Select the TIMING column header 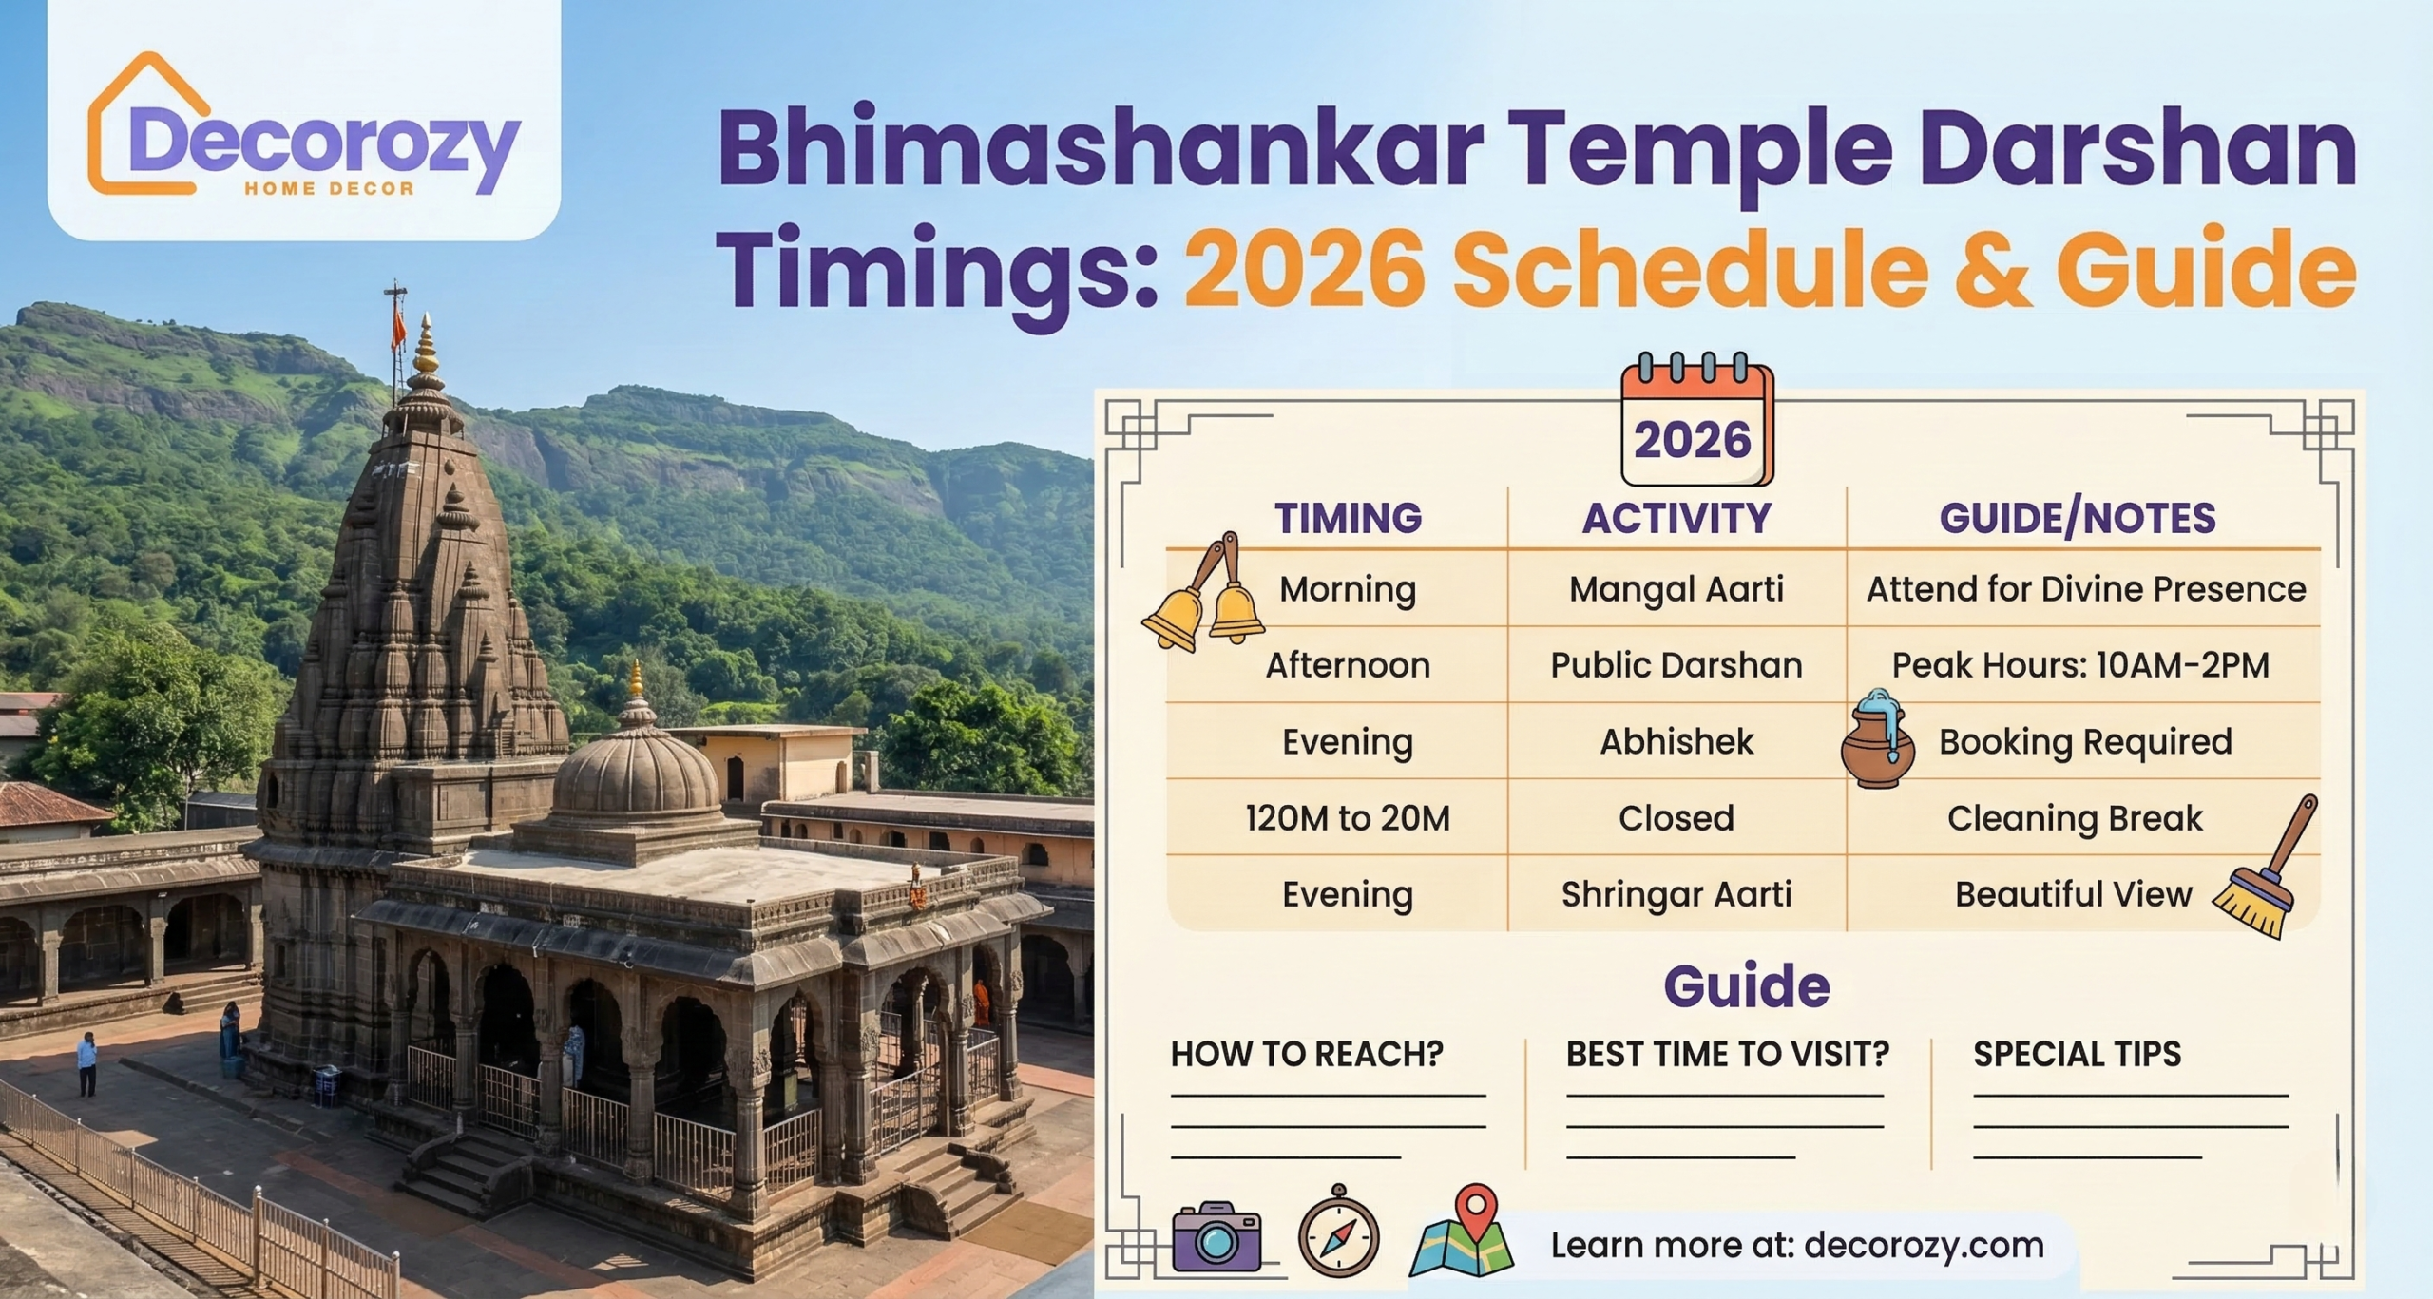pos(1348,519)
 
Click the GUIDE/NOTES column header pos(2078,519)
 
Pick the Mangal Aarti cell pos(1676,589)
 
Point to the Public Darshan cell pos(1676,665)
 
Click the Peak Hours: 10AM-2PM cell pos(2080,665)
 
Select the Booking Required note pos(2085,742)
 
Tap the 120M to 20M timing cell pos(1348,818)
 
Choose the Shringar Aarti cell pos(1676,894)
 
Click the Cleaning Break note pos(2075,818)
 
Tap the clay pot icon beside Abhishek pos(1877,742)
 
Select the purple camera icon pos(1216,1236)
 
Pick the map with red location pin pos(1462,1233)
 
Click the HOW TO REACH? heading pos(1307,1054)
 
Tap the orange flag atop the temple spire pos(398,330)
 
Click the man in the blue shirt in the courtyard pos(87,1063)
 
